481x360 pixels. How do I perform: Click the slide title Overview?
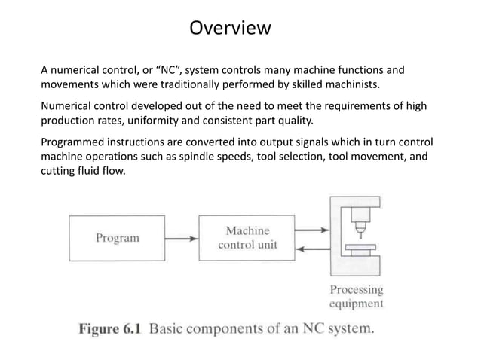tap(229, 29)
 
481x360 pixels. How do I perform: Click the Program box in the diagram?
tap(117, 237)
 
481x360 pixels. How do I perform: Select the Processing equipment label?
tap(357, 297)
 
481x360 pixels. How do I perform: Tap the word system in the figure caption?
tap(348, 330)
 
